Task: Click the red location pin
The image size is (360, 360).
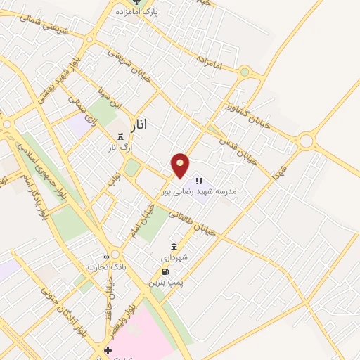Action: pyautogui.click(x=181, y=165)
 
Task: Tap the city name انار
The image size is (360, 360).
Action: pyautogui.click(x=140, y=126)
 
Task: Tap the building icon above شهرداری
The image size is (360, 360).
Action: pyautogui.click(x=174, y=246)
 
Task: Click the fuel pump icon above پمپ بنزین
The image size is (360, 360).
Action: pyautogui.click(x=165, y=271)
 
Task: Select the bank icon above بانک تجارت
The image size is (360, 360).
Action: pyautogui.click(x=106, y=257)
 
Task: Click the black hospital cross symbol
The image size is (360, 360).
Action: pyautogui.click(x=107, y=350)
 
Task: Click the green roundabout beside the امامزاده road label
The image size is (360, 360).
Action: pyautogui.click(x=244, y=72)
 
